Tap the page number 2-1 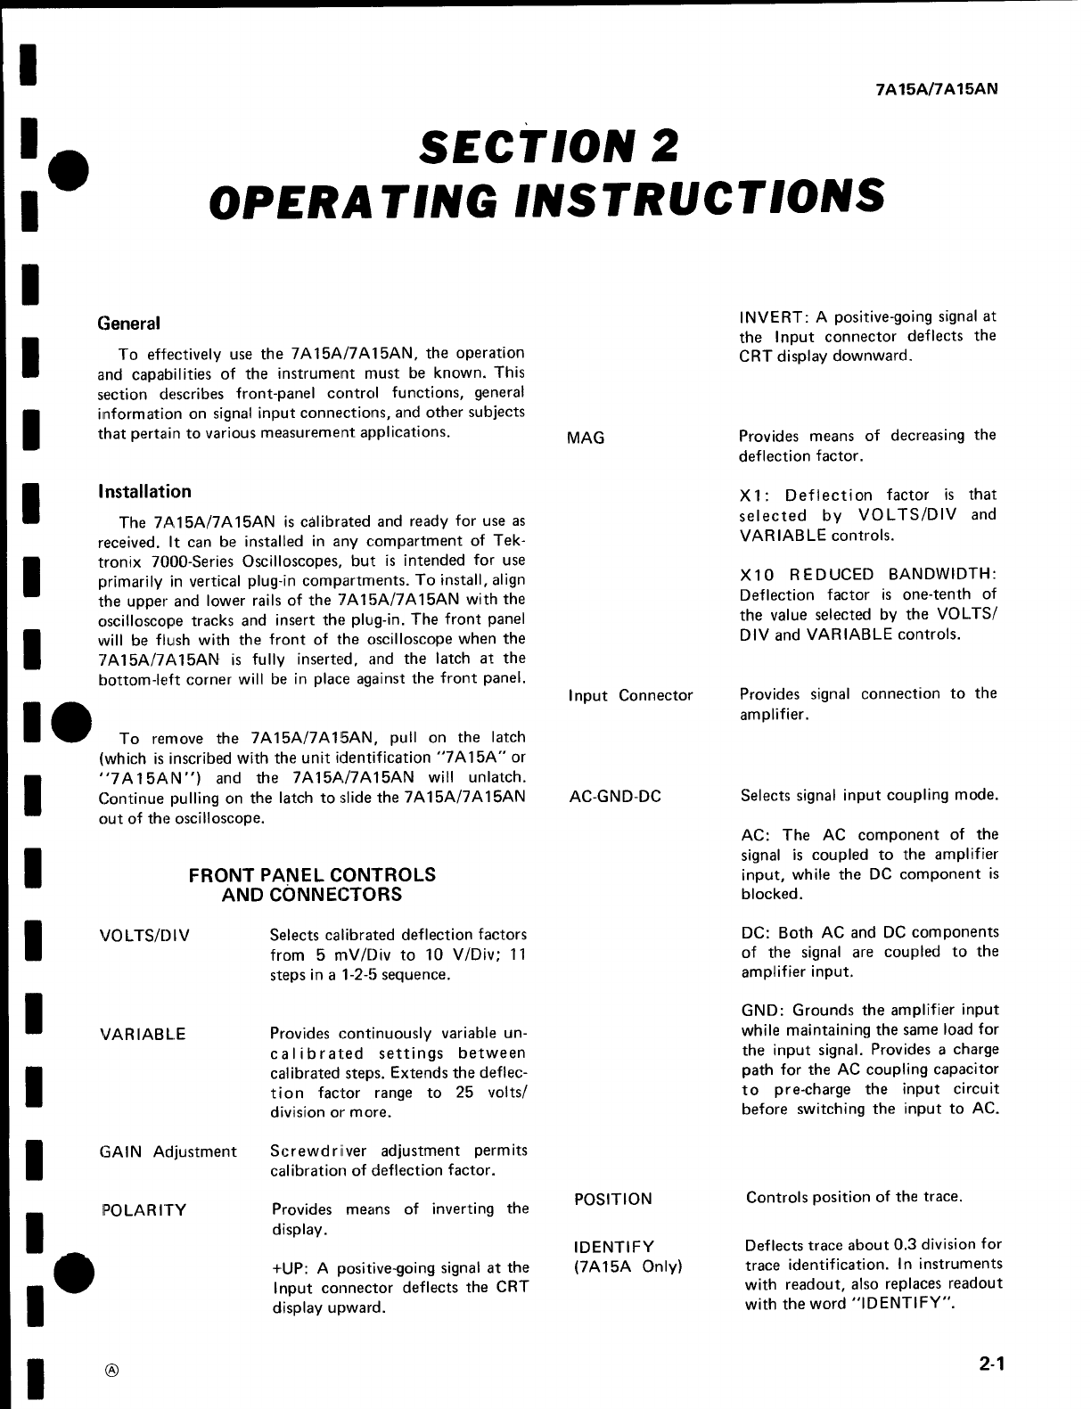pos(990,1363)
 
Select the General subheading pos(128,324)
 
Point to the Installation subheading pos(144,492)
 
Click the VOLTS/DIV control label pos(144,936)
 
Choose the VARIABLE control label pos(143,1035)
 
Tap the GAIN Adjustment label pos(168,1151)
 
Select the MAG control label pos(586,438)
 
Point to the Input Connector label pos(630,695)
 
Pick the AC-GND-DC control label pos(615,796)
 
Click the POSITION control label pos(613,1199)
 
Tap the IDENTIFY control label pos(614,1246)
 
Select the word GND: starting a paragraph pos(762,1011)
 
